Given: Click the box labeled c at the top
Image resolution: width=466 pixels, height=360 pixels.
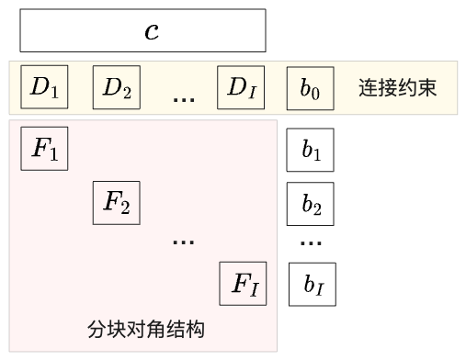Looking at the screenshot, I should pos(142,30).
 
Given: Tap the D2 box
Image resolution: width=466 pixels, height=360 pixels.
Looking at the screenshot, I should pos(117,88).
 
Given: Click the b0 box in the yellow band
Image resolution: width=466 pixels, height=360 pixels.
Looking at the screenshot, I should pos(310,88).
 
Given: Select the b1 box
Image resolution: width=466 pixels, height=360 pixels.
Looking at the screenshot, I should pos(311,152).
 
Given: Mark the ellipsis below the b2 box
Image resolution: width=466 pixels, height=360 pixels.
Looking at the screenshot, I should pos(312,244).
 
